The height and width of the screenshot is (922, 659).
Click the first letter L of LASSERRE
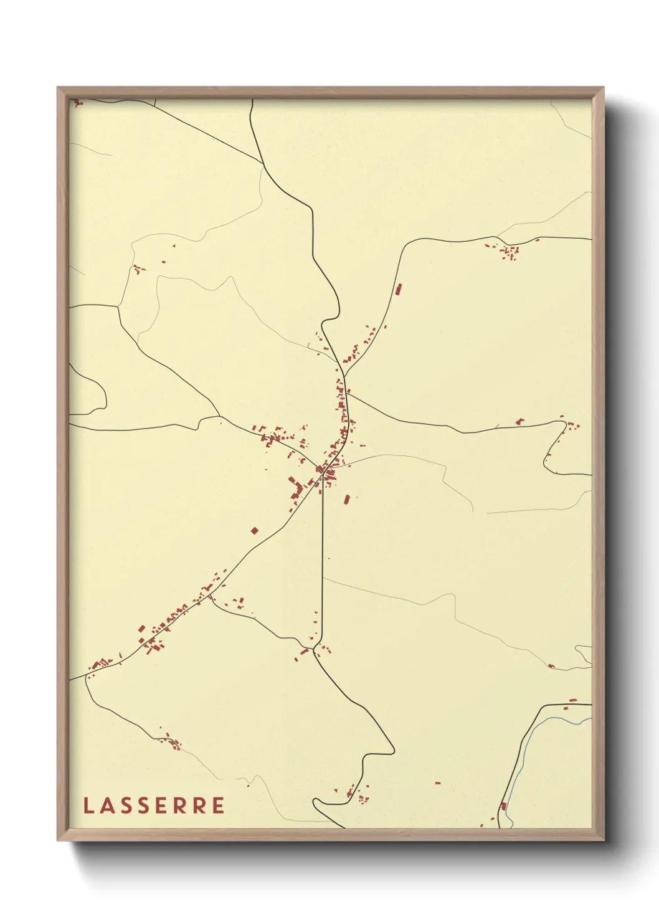click(88, 805)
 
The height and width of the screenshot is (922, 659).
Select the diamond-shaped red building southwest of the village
click(254, 531)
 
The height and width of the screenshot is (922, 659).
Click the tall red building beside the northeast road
click(398, 289)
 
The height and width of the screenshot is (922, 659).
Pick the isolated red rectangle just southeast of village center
click(347, 498)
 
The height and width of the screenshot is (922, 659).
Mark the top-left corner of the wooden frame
click(58, 88)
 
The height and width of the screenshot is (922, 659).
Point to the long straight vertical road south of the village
click(323, 561)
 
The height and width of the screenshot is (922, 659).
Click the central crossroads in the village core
click(322, 471)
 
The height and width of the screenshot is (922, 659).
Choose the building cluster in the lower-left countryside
click(170, 741)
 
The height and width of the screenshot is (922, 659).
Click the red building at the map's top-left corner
click(77, 102)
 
